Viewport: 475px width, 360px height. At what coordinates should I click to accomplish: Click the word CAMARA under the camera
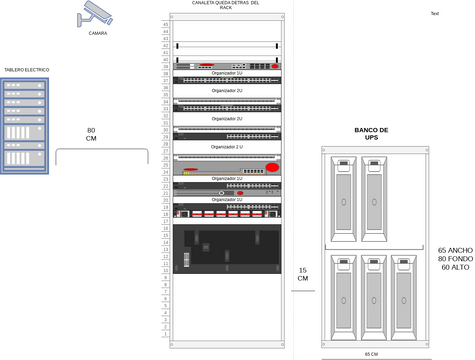click(98, 33)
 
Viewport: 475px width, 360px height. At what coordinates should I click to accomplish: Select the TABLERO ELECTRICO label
click(27, 70)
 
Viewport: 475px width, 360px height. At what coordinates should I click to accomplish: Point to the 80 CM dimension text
click(91, 135)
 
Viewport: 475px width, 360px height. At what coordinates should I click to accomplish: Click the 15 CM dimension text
click(302, 275)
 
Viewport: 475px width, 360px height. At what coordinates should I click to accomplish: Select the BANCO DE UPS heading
click(372, 135)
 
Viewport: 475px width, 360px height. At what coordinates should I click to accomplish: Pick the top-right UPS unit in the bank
click(378, 200)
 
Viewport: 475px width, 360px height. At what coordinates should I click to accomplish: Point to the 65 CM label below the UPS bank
click(371, 355)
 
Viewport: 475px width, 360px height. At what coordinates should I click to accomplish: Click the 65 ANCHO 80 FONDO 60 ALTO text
click(455, 259)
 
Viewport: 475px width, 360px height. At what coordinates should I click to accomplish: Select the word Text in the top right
click(434, 13)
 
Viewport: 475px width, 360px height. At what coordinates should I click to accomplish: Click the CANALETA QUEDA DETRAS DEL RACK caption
click(226, 6)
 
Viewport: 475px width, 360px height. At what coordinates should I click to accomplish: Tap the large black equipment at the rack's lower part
click(226, 249)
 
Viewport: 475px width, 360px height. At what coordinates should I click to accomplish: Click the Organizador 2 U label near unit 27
click(226, 90)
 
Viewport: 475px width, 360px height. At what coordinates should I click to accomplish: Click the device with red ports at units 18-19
click(226, 212)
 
